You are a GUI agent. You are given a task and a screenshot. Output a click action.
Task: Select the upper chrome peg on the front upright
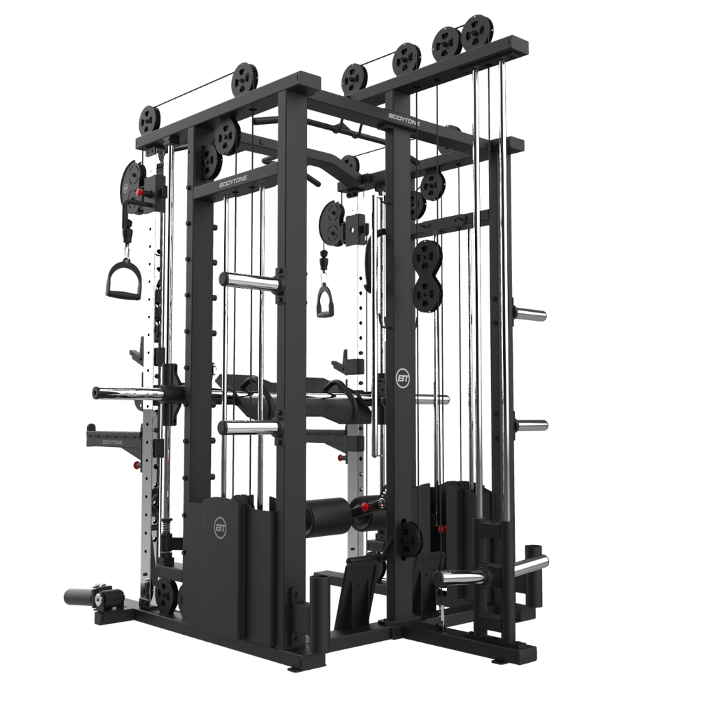point(248,281)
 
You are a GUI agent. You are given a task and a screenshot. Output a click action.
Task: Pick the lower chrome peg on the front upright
point(248,428)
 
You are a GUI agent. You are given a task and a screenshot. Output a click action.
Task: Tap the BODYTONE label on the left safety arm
point(114,442)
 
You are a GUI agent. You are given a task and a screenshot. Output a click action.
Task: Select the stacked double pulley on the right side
point(426,274)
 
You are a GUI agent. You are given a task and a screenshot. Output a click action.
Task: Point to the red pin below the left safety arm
point(135,466)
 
